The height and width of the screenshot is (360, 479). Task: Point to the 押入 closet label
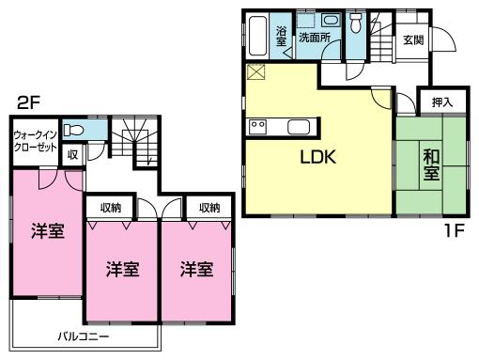pyautogui.click(x=441, y=102)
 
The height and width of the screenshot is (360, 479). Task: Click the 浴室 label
pyautogui.click(x=282, y=37)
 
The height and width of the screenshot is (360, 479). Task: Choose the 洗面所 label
pyautogui.click(x=314, y=39)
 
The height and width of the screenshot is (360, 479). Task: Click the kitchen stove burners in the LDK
pyautogui.click(x=258, y=127)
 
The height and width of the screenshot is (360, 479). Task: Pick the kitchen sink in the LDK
pyautogui.click(x=300, y=128)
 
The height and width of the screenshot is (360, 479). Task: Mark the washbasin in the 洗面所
pyautogui.click(x=329, y=20)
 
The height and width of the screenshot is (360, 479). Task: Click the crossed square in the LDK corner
pyautogui.click(x=255, y=73)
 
